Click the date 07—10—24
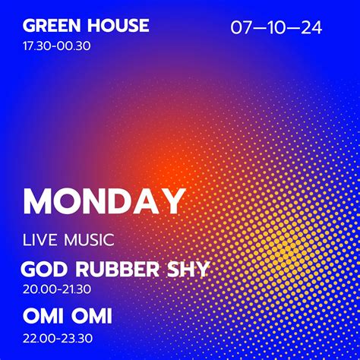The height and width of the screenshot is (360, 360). (x=276, y=29)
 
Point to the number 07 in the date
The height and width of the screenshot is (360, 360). (x=242, y=29)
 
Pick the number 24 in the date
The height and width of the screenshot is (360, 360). (x=311, y=29)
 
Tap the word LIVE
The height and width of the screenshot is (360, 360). (x=39, y=241)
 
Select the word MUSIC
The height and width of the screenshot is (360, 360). (x=87, y=241)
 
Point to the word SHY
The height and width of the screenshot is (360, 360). (x=188, y=270)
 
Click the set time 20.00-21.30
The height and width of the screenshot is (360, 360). (x=57, y=289)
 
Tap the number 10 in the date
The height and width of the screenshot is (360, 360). (x=276, y=29)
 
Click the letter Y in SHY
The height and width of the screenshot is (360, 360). (x=201, y=270)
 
